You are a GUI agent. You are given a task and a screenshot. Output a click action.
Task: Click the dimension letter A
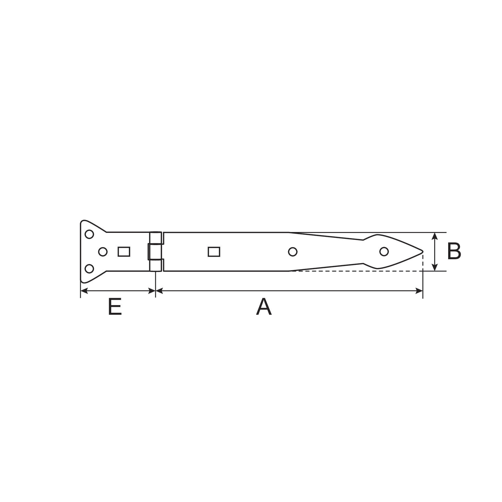click(x=264, y=307)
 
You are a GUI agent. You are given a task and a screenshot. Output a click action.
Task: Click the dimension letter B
click(x=454, y=252)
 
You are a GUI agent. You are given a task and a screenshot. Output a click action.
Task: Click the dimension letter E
click(x=115, y=307)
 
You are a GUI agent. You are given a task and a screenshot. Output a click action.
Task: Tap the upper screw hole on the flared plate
click(x=89, y=234)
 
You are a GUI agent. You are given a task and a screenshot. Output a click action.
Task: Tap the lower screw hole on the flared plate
click(x=89, y=269)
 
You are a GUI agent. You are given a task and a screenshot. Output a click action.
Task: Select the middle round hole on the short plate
click(x=103, y=252)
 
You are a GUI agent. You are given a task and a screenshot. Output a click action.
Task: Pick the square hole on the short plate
click(x=124, y=252)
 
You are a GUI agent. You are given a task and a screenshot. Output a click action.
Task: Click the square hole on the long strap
click(x=214, y=252)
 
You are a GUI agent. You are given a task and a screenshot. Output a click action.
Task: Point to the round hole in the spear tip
click(x=384, y=251)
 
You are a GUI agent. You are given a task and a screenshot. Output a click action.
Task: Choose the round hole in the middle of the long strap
click(x=292, y=252)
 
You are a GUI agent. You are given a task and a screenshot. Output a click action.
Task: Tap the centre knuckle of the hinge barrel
click(x=155, y=252)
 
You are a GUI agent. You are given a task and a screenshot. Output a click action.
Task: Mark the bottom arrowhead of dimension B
click(x=435, y=268)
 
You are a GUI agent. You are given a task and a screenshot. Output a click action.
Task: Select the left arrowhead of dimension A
click(x=159, y=291)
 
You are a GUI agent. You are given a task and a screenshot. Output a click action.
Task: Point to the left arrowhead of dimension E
click(x=84, y=291)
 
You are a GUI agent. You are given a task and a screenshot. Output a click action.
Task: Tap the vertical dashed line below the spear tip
click(x=423, y=262)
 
